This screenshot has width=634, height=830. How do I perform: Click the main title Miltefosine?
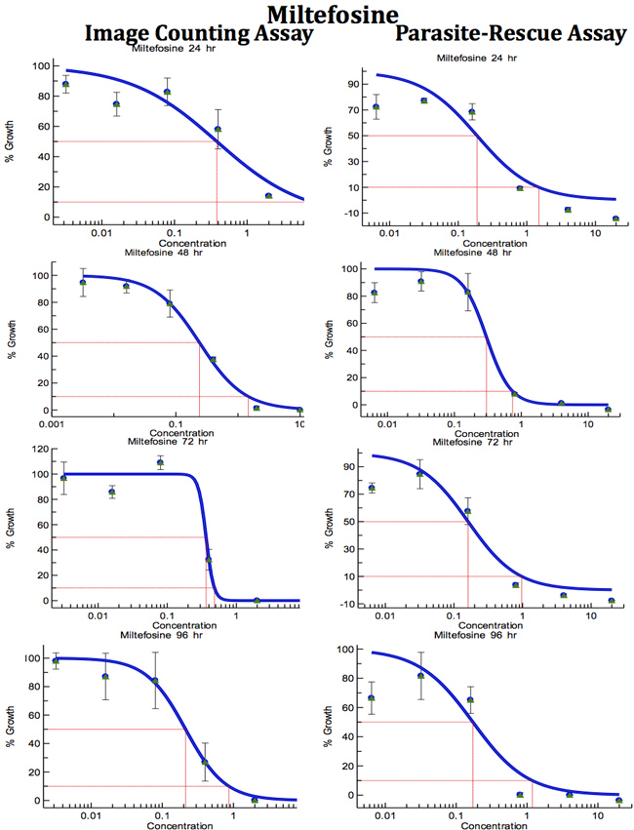pos(318,14)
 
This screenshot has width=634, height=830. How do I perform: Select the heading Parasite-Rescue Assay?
pos(510,34)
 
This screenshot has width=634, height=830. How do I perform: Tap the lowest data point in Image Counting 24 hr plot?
pos(268,196)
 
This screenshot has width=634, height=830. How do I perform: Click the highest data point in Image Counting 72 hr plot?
pos(160,462)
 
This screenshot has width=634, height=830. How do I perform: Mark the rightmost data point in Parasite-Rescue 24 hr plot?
pos(615,218)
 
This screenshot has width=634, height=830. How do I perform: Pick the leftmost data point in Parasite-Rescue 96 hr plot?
pos(372,698)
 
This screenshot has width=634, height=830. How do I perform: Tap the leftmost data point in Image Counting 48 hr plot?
pos(83,283)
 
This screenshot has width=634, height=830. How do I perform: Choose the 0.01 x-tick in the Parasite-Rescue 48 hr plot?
pos(387,424)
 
